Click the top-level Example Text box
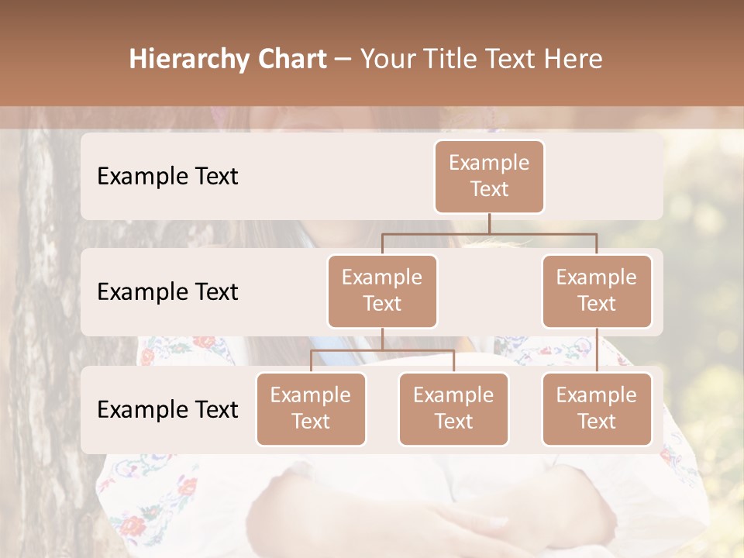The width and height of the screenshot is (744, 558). pyautogui.click(x=489, y=177)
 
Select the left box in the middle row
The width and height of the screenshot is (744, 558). pyautogui.click(x=382, y=291)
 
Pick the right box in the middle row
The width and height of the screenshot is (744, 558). pyautogui.click(x=597, y=291)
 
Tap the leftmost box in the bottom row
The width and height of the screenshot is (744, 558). pyautogui.click(x=311, y=409)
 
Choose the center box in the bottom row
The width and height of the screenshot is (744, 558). pyautogui.click(x=453, y=409)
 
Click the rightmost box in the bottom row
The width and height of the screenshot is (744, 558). pyautogui.click(x=597, y=409)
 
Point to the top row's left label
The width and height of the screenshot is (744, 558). pyautogui.click(x=167, y=177)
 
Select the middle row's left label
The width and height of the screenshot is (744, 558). pyautogui.click(x=167, y=292)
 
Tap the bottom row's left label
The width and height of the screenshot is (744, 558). pyautogui.click(x=167, y=410)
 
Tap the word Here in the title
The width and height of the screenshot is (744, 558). pyautogui.click(x=571, y=60)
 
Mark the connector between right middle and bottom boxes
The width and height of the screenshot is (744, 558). pyautogui.click(x=597, y=350)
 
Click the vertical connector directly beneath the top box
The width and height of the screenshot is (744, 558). pyautogui.click(x=489, y=223)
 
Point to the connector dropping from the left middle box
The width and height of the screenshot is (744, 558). pyautogui.click(x=382, y=339)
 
